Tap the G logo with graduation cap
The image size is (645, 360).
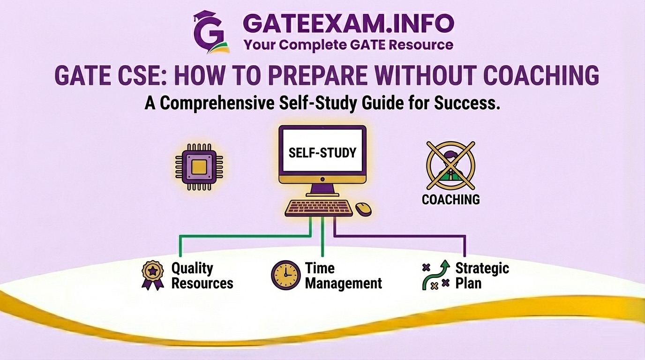click(211, 31)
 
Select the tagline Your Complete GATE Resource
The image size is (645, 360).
click(348, 45)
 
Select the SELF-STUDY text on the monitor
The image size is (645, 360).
click(322, 153)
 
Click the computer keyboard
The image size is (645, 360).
click(319, 208)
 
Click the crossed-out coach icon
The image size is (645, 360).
click(450, 165)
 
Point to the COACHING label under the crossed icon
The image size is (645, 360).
click(450, 199)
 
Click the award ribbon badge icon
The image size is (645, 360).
click(153, 275)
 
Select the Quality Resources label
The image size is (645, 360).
click(202, 276)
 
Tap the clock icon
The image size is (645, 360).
click(285, 275)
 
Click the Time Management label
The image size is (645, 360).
click(343, 276)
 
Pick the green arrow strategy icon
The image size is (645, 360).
click(435, 275)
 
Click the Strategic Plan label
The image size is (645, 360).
click(481, 276)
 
